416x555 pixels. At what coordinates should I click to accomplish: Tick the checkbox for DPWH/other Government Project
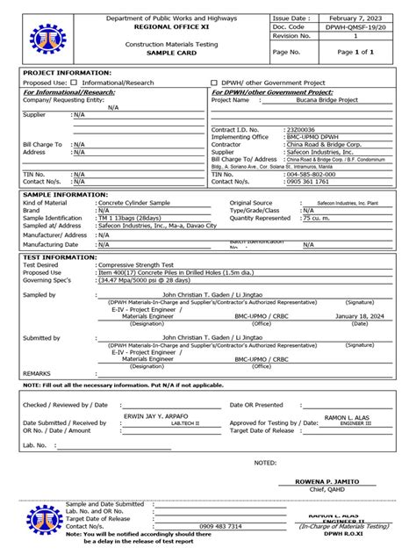tap(214, 82)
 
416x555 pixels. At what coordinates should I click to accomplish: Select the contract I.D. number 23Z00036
tap(301, 129)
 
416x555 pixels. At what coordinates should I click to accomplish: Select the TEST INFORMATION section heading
tap(60, 257)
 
